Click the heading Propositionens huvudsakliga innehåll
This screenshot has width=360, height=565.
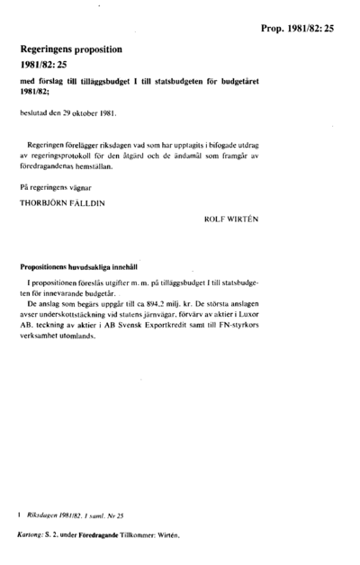85,268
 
